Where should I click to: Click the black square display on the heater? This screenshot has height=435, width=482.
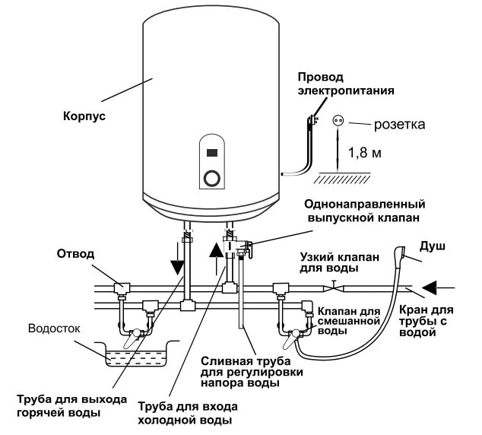coord(212,152)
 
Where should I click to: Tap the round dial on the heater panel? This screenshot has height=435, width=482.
coord(213,179)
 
